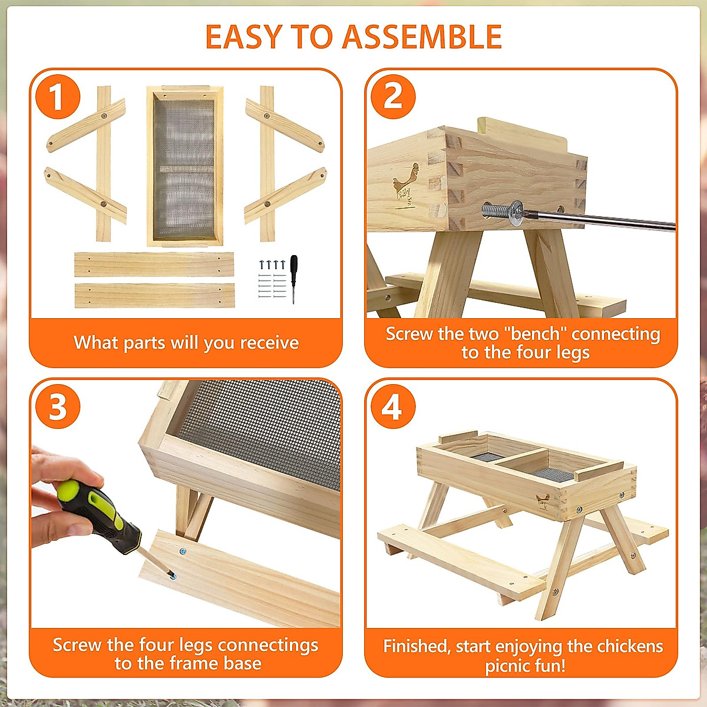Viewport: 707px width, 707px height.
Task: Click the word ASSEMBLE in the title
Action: [422, 37]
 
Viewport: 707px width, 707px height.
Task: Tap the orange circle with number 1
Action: [57, 97]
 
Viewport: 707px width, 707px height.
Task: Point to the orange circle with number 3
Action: [57, 407]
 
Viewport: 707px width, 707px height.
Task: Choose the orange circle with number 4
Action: [393, 407]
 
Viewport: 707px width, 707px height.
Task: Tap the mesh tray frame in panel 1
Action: [185, 166]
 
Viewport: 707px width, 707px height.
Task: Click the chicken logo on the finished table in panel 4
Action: [543, 501]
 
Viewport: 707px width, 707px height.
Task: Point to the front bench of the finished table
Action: [460, 560]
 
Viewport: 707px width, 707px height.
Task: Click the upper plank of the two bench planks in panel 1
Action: [154, 265]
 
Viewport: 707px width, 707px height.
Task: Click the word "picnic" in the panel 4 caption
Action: [510, 666]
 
